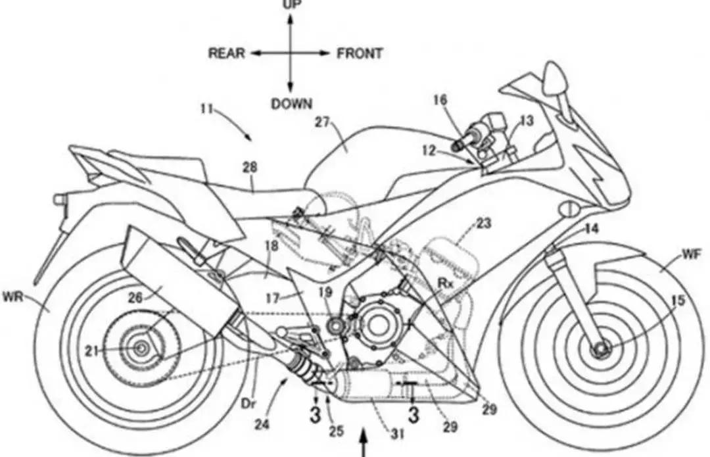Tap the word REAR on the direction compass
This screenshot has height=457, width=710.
(x=227, y=53)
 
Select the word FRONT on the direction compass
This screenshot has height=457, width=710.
(x=360, y=53)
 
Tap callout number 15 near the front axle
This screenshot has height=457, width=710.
(x=678, y=301)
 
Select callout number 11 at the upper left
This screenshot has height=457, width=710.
(x=206, y=109)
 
